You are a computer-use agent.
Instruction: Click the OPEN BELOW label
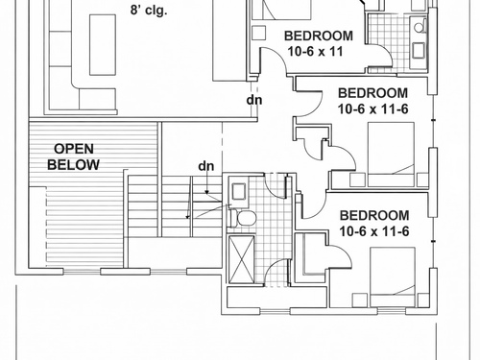(73, 156)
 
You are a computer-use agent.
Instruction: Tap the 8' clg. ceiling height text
(149, 11)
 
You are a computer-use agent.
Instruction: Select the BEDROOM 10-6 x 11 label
(319, 43)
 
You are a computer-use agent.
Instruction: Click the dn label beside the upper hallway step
(254, 100)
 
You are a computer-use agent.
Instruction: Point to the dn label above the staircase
(206, 166)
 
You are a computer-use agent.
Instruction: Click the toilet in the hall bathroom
(243, 218)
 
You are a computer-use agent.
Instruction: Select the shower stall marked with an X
(242, 259)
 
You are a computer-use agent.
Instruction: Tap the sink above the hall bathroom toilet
(239, 192)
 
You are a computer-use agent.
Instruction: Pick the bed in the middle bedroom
(391, 154)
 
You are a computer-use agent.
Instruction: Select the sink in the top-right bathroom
(419, 51)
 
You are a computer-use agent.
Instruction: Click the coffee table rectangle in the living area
(103, 45)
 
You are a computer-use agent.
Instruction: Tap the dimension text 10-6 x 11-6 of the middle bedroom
(373, 109)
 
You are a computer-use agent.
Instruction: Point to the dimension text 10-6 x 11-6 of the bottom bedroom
(374, 231)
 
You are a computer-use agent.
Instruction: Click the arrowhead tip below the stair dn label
(207, 194)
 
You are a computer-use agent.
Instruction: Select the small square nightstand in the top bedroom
(258, 33)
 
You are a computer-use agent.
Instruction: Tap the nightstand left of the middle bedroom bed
(357, 180)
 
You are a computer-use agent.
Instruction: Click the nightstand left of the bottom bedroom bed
(360, 300)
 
